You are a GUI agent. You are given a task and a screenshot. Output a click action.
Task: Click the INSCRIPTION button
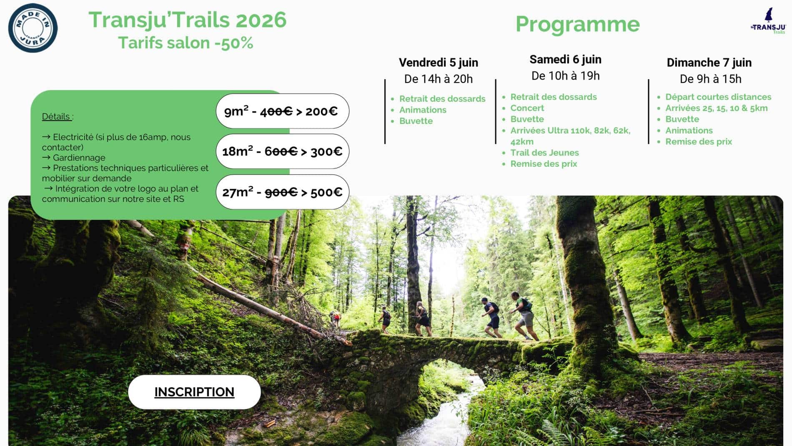[x=194, y=392]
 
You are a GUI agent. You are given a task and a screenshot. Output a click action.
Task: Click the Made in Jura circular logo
[x=33, y=28]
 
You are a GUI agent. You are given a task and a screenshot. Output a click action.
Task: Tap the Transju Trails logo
[x=768, y=21]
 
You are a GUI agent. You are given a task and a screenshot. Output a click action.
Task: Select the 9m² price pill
[x=282, y=111]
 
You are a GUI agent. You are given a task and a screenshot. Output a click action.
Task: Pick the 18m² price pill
[x=282, y=151]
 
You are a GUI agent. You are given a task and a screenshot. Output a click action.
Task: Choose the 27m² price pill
[x=282, y=192]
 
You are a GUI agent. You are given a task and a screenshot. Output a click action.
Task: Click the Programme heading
[x=577, y=24]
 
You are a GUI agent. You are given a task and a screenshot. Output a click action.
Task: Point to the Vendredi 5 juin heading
[x=439, y=63]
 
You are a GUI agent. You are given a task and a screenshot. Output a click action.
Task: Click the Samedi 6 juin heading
[x=565, y=60]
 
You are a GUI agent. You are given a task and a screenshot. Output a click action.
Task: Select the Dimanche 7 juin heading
[x=709, y=63]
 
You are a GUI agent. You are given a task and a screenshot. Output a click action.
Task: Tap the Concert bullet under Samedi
[x=527, y=108]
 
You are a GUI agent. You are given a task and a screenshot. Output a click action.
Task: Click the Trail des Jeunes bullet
[x=544, y=153]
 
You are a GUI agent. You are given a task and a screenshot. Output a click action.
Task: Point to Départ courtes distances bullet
[x=718, y=97]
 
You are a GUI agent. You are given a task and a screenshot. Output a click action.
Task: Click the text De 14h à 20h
[x=439, y=79]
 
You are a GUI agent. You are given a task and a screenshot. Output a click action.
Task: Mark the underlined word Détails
[x=56, y=116]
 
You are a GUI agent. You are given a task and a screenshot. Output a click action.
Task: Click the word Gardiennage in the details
[x=79, y=158]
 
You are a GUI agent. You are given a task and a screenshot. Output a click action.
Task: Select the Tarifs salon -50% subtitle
[x=185, y=43]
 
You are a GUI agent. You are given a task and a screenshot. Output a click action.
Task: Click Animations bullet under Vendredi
[x=423, y=110]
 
